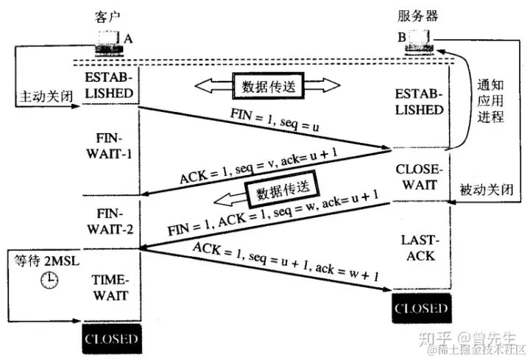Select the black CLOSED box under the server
(x=420, y=308)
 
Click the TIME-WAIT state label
(x=110, y=288)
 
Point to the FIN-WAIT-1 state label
(x=110, y=145)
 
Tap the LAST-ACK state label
(x=420, y=248)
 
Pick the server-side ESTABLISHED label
(x=420, y=103)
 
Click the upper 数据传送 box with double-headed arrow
(x=267, y=87)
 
